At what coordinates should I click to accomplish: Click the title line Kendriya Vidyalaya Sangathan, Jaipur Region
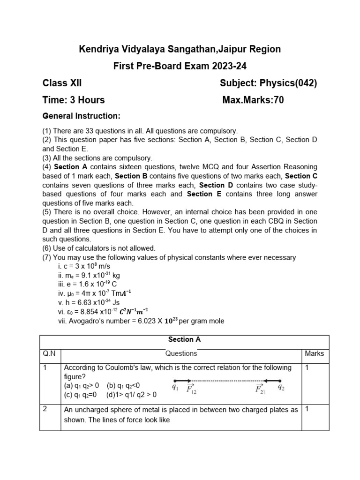(x=180, y=49)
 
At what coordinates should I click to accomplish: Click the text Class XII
(x=62, y=83)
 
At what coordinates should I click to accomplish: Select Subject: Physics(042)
(x=268, y=83)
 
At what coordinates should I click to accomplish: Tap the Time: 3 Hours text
(x=74, y=100)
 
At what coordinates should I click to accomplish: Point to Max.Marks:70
(x=253, y=100)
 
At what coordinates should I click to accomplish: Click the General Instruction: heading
(x=82, y=115)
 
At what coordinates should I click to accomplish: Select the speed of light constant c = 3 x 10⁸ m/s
(x=84, y=266)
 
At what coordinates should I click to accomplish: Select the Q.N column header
(x=49, y=353)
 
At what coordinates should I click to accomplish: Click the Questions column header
(x=181, y=353)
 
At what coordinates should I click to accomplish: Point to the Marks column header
(x=314, y=353)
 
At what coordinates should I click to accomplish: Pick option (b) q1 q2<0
(x=123, y=385)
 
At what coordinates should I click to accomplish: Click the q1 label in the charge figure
(x=175, y=388)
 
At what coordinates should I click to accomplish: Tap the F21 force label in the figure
(x=260, y=389)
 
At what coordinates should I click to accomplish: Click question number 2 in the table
(x=45, y=409)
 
